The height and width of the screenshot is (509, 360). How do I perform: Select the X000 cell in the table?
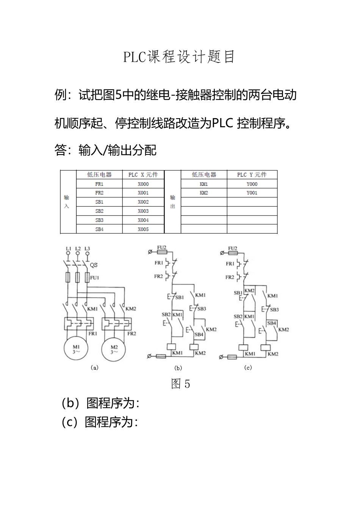tap(143, 184)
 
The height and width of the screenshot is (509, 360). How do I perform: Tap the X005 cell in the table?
tap(143, 229)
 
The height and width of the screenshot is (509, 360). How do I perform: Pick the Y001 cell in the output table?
tap(252, 193)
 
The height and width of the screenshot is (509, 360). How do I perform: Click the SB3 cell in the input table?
tap(99, 220)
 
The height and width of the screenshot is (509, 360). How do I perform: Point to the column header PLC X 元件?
tap(143, 175)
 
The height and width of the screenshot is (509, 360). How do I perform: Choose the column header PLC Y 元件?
tap(252, 175)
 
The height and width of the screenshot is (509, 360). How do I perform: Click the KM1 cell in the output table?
tap(203, 184)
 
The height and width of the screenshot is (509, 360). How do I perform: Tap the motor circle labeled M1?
tap(76, 349)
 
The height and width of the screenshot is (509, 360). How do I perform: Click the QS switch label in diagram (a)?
tap(94, 265)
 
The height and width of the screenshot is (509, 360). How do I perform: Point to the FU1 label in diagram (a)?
tap(94, 278)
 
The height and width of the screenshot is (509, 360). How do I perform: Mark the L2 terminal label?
tap(78, 249)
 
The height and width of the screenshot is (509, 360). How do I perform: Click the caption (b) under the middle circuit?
tap(178, 368)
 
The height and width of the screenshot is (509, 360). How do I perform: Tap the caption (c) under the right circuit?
tap(248, 367)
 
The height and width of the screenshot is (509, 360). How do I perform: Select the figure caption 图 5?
tap(180, 384)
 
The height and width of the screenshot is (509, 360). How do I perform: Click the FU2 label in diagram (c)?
tap(233, 248)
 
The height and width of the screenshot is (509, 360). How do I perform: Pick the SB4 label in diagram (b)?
tap(199, 334)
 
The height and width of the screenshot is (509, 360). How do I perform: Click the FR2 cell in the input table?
tap(99, 193)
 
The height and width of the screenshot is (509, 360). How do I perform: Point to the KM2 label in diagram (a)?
tap(131, 309)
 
